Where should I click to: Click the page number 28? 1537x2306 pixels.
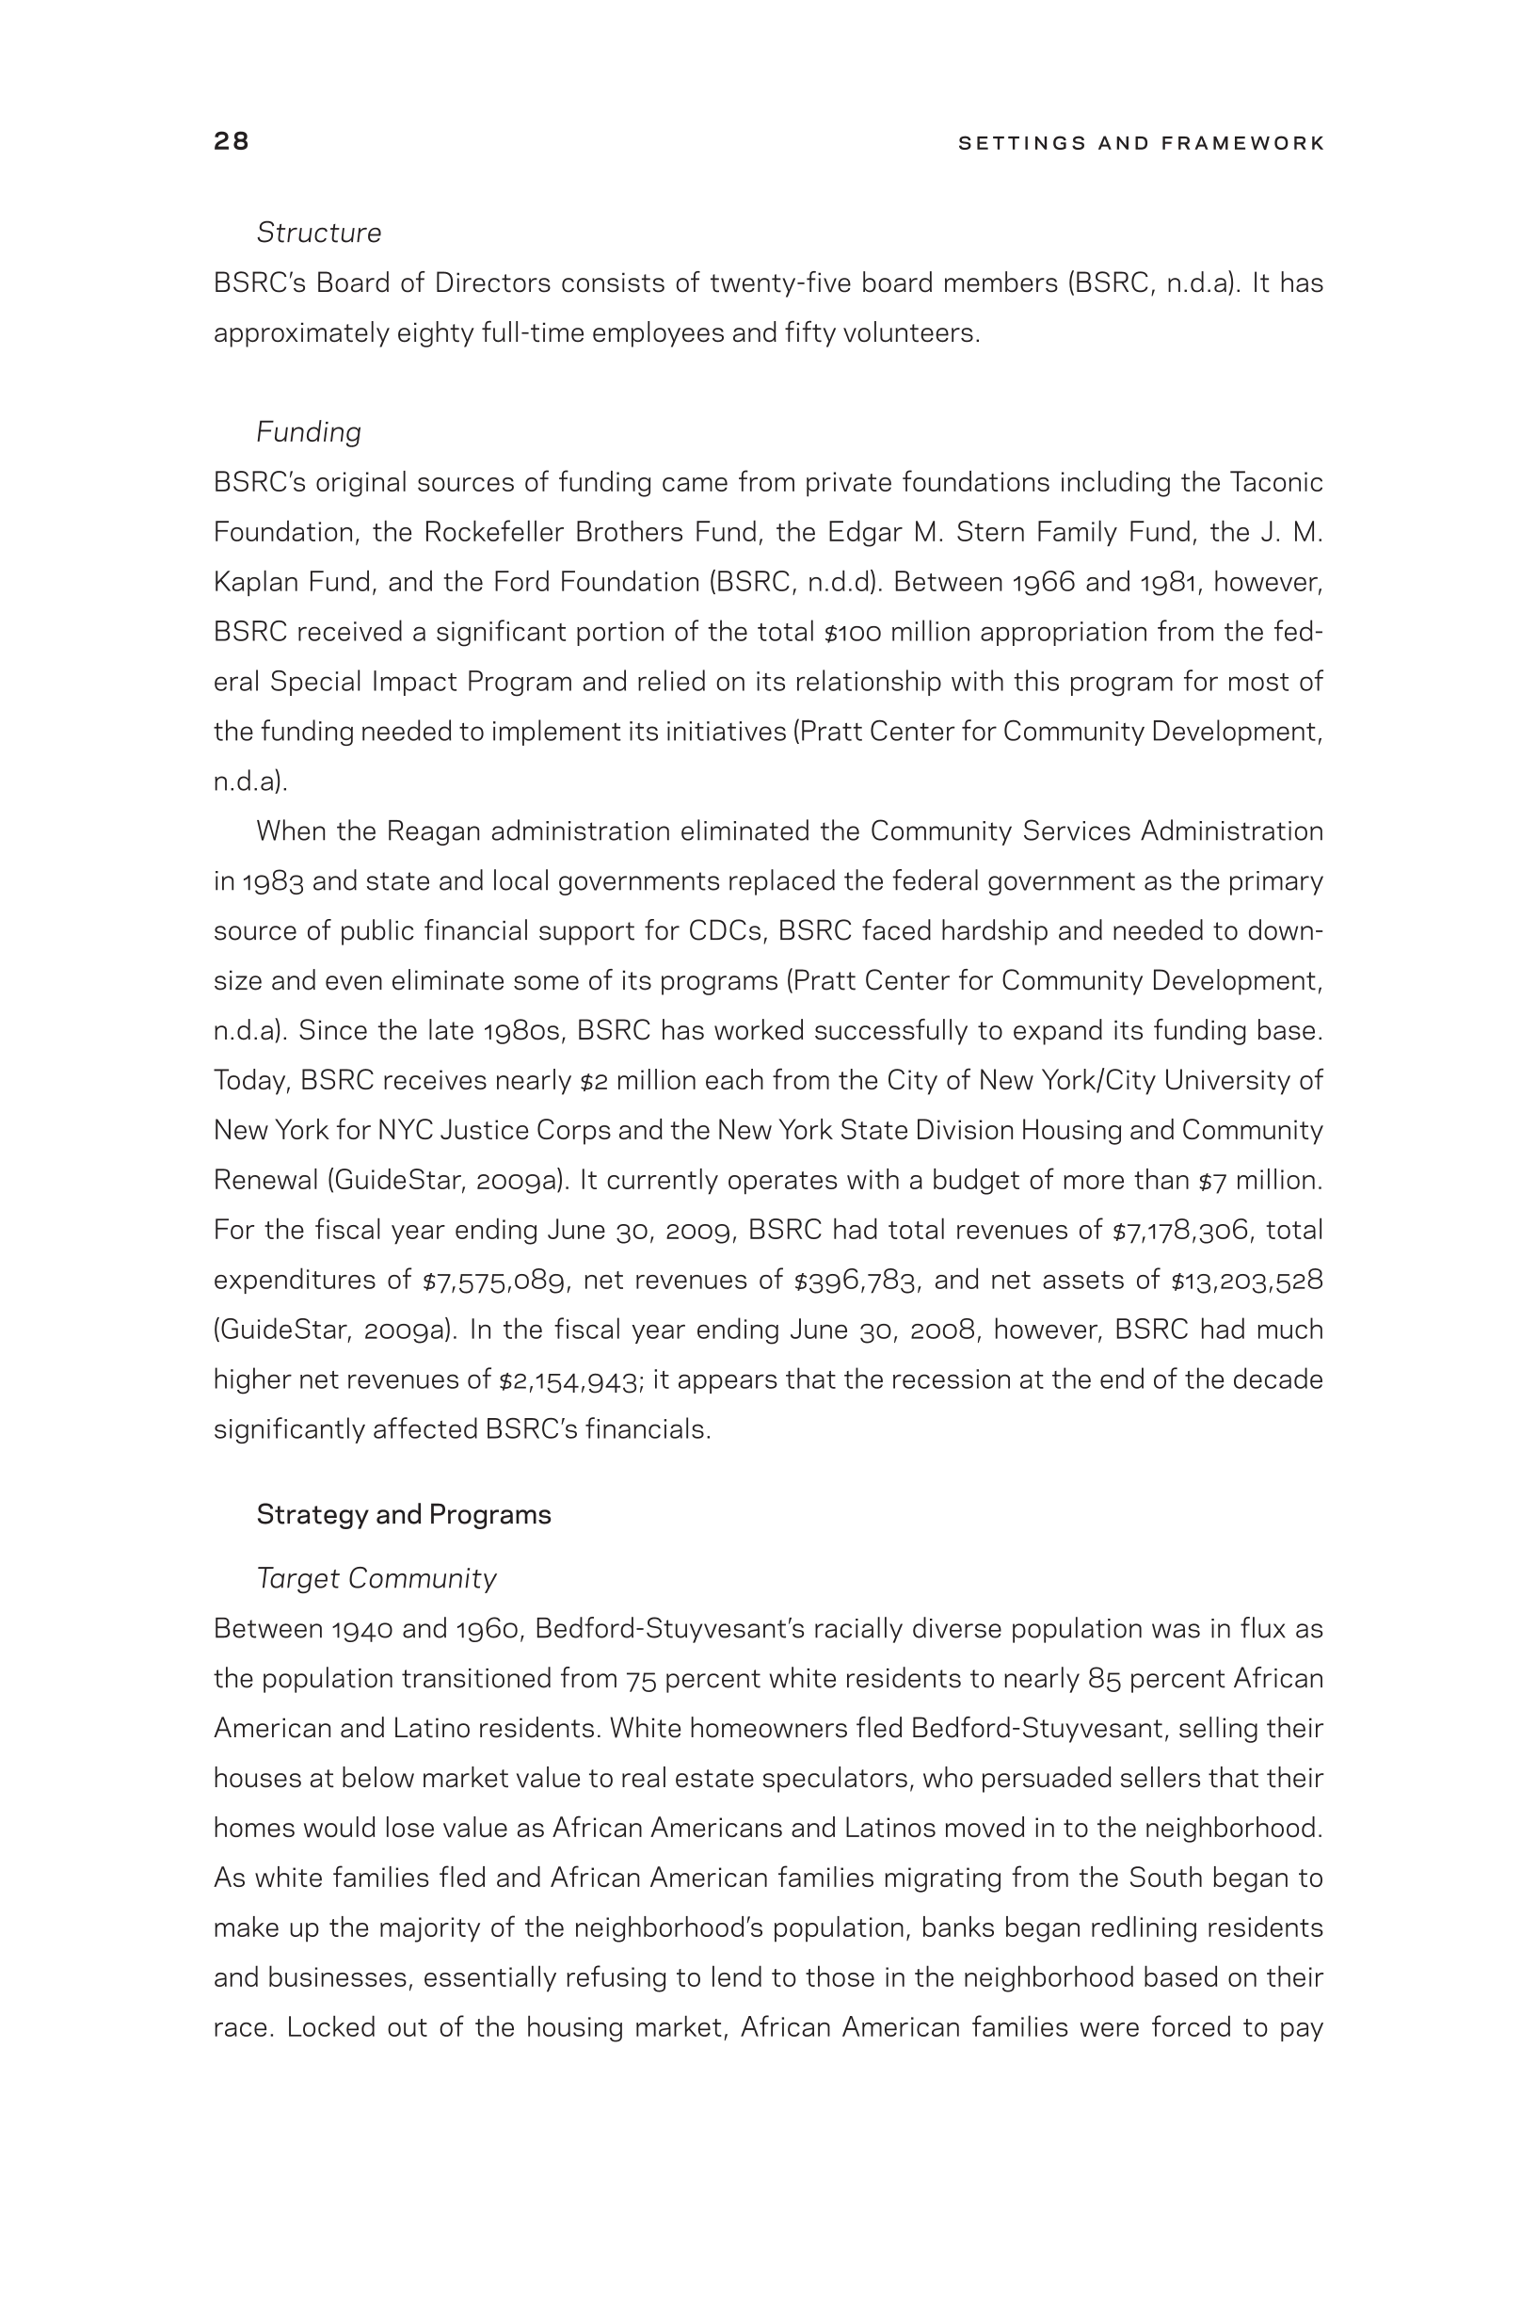[232, 142]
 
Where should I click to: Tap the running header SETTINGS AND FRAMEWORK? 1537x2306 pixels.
[1141, 143]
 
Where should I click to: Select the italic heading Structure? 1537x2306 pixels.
[318, 234]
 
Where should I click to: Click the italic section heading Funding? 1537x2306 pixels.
[309, 432]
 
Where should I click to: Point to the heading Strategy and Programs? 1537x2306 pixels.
[404, 1515]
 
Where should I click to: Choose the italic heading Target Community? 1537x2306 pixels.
[376, 1578]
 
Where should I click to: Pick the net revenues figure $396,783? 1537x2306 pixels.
[856, 1281]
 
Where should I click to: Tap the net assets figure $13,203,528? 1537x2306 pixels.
[1247, 1281]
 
